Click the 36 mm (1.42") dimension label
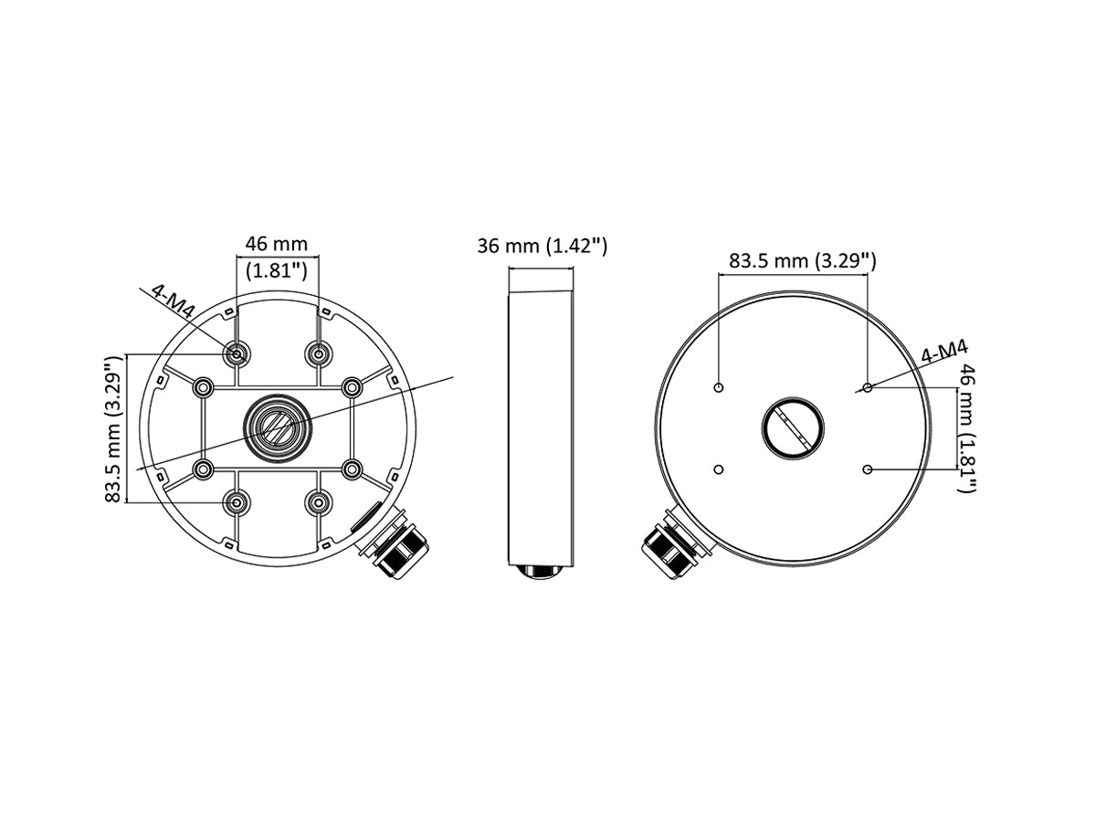(x=542, y=246)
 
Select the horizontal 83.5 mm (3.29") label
(x=802, y=260)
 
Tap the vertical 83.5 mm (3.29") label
(x=113, y=429)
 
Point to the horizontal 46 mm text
(x=277, y=244)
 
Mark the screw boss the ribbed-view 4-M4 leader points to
(x=237, y=353)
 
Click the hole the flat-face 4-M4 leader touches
(x=868, y=388)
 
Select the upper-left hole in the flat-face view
(x=719, y=388)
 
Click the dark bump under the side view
(x=540, y=572)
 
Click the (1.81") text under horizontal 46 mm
(x=277, y=270)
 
